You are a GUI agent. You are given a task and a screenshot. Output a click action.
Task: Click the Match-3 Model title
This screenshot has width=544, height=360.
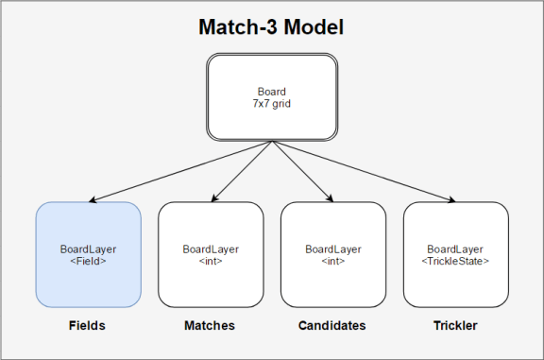pos(271,26)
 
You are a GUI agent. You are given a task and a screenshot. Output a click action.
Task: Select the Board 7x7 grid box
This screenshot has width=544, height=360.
pos(272,95)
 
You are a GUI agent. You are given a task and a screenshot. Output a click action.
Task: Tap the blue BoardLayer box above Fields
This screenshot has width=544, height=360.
pos(88,254)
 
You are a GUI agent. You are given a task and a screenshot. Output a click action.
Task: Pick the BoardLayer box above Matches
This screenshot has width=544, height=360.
pos(211,254)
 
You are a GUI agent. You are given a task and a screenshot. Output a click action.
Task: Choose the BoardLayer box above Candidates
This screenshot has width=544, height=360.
pos(332,254)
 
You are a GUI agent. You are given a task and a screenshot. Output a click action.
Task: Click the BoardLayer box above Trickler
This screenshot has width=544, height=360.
pos(455,254)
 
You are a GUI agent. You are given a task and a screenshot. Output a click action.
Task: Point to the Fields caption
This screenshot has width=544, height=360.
pos(87,325)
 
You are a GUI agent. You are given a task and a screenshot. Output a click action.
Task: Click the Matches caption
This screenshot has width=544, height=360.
pos(210,325)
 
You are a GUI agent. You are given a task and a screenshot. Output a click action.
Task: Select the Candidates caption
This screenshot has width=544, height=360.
pos(332,325)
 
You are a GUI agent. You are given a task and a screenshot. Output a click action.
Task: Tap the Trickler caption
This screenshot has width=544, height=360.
pos(455,325)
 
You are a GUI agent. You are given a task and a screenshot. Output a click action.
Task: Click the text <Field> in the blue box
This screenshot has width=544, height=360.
pos(88,260)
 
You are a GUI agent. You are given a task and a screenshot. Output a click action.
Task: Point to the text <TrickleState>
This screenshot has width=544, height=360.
pos(456,260)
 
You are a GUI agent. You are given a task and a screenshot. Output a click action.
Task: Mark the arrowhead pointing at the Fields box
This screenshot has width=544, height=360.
pos(98,199)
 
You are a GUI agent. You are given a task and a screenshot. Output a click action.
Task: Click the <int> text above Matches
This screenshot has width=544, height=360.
pos(210,260)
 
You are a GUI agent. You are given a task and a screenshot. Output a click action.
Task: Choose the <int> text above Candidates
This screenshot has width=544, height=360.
pos(332,260)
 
